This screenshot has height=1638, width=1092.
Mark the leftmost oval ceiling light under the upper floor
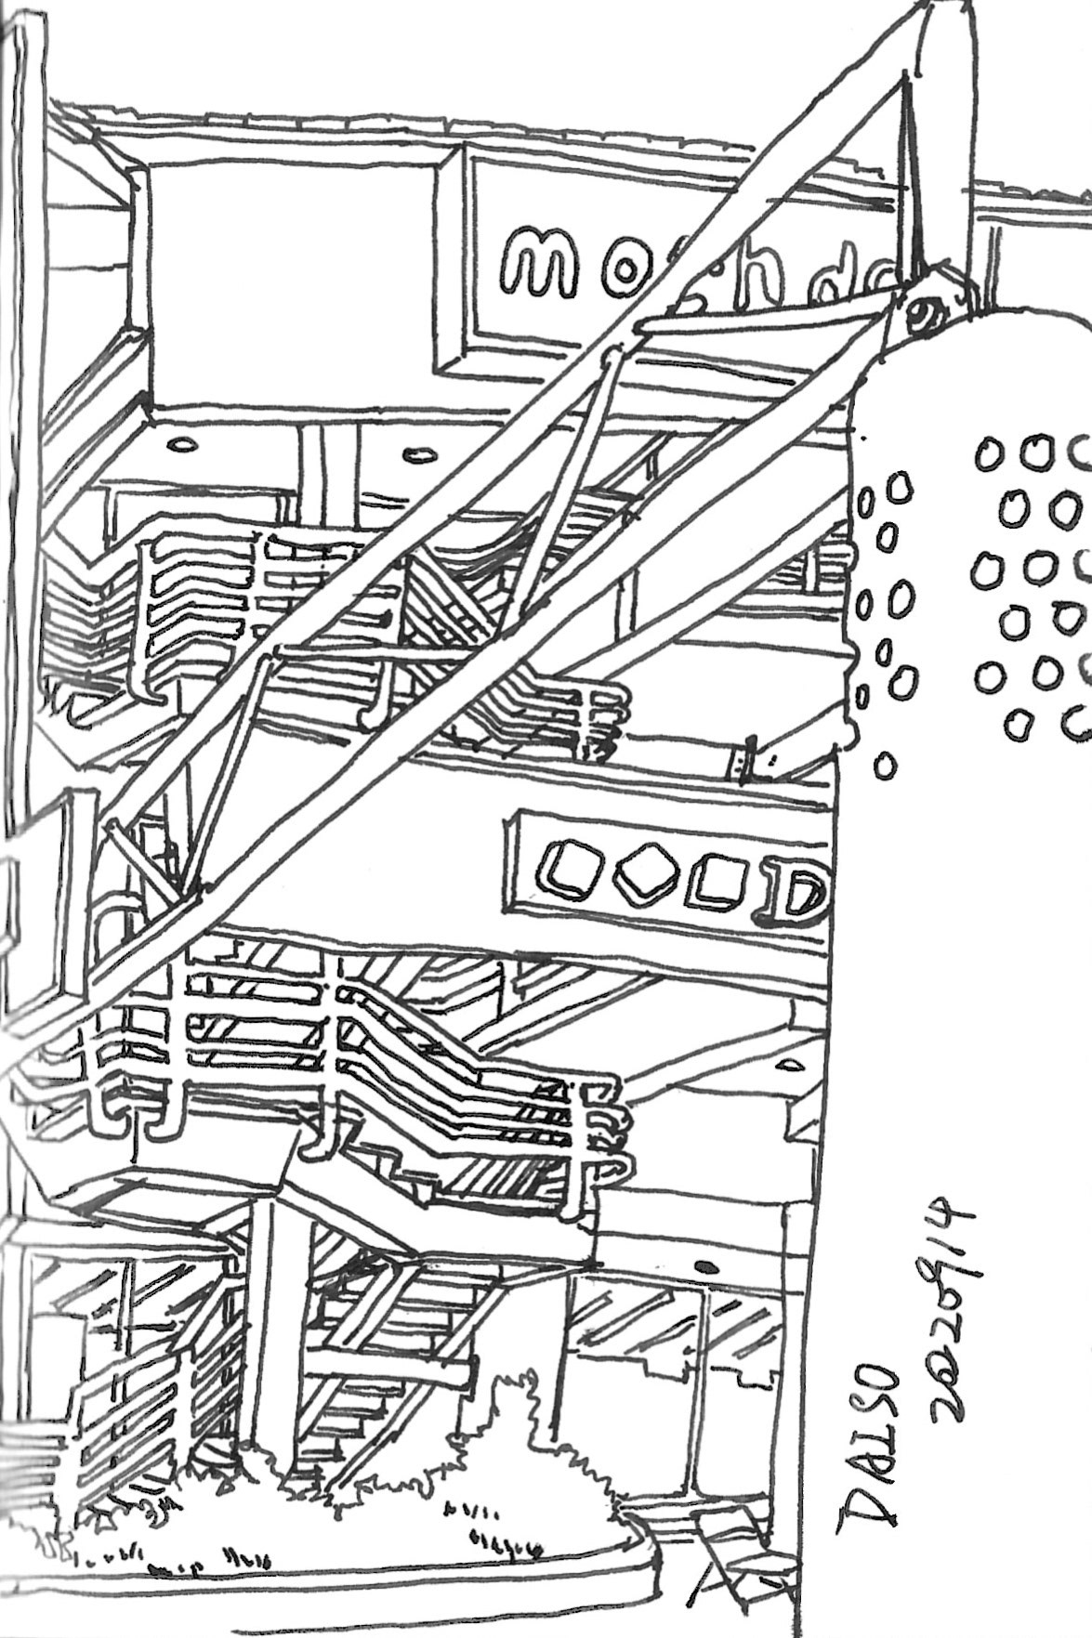pos(178,443)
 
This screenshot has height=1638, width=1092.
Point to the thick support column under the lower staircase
pos(270,1319)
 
